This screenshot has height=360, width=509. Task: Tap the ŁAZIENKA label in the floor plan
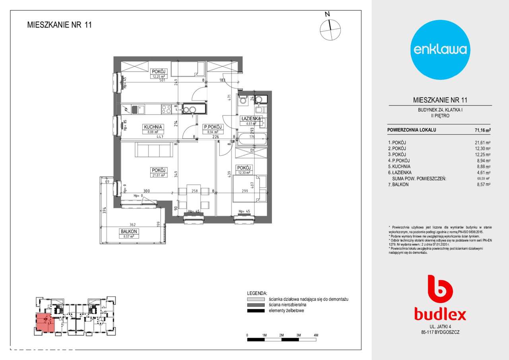251,119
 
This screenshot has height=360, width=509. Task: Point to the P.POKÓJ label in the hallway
213,127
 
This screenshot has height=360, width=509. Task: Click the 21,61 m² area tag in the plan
158,175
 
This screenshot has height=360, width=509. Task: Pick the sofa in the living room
153,150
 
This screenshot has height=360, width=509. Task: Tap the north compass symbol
330,29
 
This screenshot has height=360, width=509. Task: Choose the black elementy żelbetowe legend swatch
255,311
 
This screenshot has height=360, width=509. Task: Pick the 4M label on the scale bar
316,335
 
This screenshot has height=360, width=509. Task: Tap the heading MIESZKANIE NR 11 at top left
60,25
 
